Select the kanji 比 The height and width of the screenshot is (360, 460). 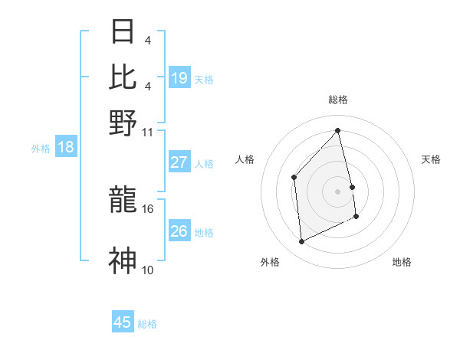[x=123, y=77]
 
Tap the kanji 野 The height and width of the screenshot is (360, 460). [x=123, y=123]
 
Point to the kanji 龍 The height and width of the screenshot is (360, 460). [x=123, y=201]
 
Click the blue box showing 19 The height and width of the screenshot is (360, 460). [x=179, y=78]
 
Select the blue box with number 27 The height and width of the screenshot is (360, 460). [x=179, y=162]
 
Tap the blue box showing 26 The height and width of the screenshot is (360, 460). [x=179, y=231]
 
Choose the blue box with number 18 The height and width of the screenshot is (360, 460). [x=66, y=147]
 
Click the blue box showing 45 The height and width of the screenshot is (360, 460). [x=123, y=322]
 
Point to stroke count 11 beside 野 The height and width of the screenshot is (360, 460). [x=148, y=131]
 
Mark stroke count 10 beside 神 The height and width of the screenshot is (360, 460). [x=148, y=270]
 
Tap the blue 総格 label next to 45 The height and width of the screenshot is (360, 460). [x=147, y=324]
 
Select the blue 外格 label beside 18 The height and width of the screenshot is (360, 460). [x=41, y=149]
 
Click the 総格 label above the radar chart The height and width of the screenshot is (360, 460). [x=338, y=99]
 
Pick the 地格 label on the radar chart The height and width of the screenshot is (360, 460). [x=402, y=262]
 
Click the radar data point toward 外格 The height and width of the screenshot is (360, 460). [x=302, y=242]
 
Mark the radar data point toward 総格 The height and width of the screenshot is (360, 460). [x=337, y=130]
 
